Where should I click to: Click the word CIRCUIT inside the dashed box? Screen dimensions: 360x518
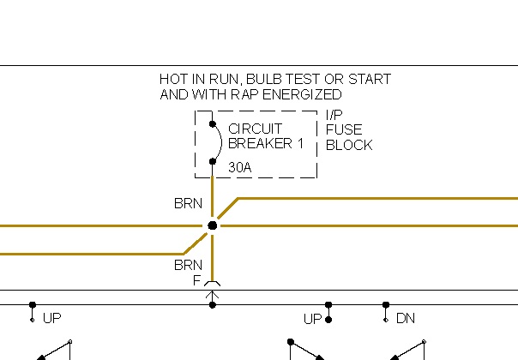(256, 129)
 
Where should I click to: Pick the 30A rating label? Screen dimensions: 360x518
(240, 168)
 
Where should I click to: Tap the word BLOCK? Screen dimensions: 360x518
(348, 145)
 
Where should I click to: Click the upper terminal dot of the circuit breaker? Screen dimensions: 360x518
(213, 124)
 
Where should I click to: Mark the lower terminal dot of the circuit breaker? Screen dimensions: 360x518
(213, 161)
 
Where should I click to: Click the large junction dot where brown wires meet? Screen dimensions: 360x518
(213, 225)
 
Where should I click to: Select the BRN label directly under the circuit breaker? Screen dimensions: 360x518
(188, 204)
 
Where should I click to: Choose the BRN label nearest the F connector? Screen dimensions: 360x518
(188, 265)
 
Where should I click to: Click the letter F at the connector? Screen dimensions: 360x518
(197, 279)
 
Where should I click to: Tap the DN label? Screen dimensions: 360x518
(406, 319)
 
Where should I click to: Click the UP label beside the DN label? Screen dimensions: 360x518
(312, 319)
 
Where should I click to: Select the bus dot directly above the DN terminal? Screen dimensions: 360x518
(386, 304)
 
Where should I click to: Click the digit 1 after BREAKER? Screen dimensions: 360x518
(300, 143)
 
